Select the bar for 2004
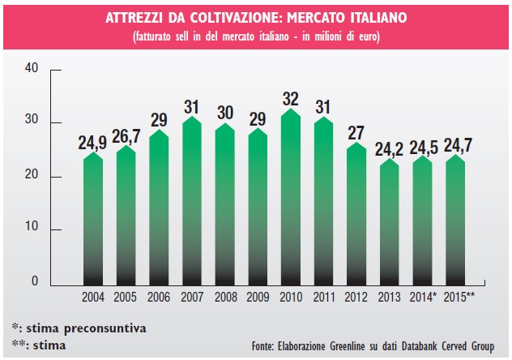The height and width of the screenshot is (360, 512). tap(93, 219)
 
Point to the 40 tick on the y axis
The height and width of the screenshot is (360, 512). tap(32, 69)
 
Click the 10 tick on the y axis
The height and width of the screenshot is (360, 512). tap(32, 229)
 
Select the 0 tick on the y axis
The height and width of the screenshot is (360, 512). tap(36, 281)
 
